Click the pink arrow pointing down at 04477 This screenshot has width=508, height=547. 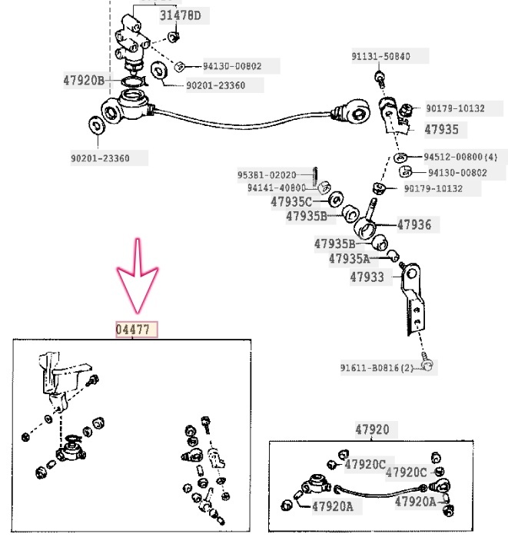pos(137,277)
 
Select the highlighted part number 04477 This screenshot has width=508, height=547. pos(137,330)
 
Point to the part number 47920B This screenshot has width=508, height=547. pos(84,80)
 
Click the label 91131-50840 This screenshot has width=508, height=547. pos(381,57)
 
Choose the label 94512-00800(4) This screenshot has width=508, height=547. pos(461,157)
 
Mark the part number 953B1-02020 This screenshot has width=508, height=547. pos(267,175)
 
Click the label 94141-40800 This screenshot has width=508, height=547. pos(277,187)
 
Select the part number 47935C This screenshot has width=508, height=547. pos(291,202)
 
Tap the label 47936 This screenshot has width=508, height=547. pos(414,225)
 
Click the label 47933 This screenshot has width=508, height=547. pos(367,277)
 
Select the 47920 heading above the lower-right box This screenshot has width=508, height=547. pos(372,430)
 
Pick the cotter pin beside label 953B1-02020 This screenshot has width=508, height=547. pos(315,176)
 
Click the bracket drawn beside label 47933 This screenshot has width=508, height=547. pos(411,300)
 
